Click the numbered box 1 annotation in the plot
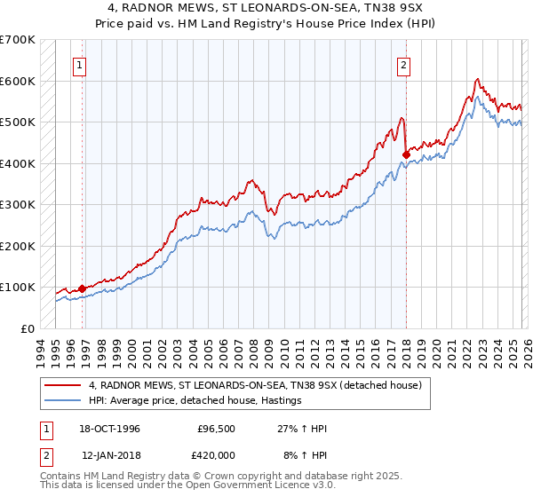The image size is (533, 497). (80, 65)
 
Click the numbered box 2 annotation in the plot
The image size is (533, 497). (404, 65)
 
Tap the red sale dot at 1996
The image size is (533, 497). (83, 288)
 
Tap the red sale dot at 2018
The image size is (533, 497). (406, 154)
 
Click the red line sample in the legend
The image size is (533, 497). (63, 384)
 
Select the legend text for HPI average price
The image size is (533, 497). (195, 400)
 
